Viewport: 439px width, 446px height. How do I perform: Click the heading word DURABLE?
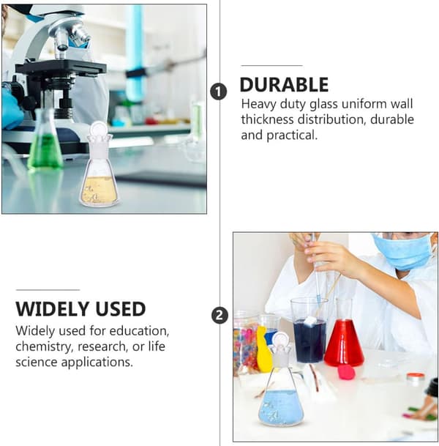[x=284, y=84]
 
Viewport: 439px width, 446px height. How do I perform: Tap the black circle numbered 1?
[x=218, y=92]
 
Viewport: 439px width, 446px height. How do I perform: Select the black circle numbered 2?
[x=219, y=316]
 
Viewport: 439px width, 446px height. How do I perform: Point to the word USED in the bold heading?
[x=120, y=309]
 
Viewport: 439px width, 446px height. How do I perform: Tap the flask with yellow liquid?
[x=98, y=163]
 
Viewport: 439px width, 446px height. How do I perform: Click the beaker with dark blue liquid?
[x=309, y=330]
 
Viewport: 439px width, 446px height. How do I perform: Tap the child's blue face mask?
[x=403, y=252]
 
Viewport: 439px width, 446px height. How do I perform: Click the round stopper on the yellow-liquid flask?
[x=98, y=130]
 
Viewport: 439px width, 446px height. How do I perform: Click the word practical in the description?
[x=292, y=135]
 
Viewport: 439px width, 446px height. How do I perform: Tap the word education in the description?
[x=139, y=331]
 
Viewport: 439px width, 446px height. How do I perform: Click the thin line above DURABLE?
[x=272, y=65]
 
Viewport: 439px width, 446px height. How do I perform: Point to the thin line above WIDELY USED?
[x=48, y=290]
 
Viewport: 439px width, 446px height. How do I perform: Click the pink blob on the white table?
[x=347, y=372]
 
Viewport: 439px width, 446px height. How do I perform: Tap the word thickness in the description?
[x=267, y=119]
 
